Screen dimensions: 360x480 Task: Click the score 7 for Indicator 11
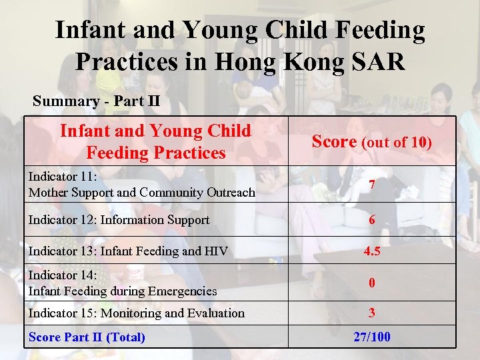pyautogui.click(x=371, y=185)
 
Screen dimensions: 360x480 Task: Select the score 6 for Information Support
pyautogui.click(x=371, y=220)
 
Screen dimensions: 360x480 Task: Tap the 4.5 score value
pyautogui.click(x=371, y=251)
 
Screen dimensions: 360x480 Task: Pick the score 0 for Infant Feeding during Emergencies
pyautogui.click(x=371, y=283)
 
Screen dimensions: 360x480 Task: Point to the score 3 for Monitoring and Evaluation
pyautogui.click(x=371, y=313)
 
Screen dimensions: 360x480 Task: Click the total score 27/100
pyautogui.click(x=371, y=337)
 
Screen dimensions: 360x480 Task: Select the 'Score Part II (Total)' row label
pyautogui.click(x=87, y=337)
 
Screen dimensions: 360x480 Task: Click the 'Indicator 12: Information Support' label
pyautogui.click(x=119, y=220)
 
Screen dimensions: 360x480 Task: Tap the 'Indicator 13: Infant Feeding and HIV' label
pyautogui.click(x=128, y=251)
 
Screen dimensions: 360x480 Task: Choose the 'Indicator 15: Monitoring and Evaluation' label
pyautogui.click(x=136, y=313)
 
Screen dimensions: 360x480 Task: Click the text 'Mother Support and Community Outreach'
pyautogui.click(x=141, y=193)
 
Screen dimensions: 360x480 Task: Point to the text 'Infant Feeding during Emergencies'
pyautogui.click(x=122, y=291)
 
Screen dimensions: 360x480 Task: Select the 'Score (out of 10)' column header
pyautogui.click(x=371, y=142)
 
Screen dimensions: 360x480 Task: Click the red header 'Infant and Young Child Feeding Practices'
pyautogui.click(x=156, y=141)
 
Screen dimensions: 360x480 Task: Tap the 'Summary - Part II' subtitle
pyautogui.click(x=96, y=102)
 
